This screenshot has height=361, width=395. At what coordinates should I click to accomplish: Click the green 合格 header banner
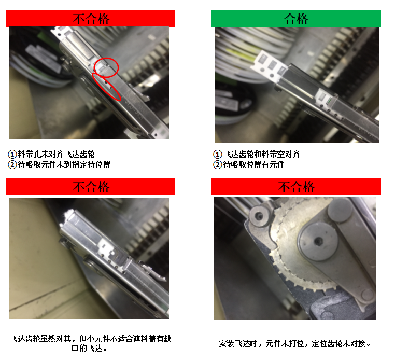point(296,19)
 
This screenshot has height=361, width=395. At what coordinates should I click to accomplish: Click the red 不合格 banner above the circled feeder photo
point(90,19)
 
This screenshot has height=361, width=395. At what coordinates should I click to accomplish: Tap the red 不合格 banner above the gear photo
point(296,187)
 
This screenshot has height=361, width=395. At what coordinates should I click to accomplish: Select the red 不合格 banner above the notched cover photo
point(90,187)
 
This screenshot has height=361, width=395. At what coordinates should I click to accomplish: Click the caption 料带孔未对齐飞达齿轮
point(57,154)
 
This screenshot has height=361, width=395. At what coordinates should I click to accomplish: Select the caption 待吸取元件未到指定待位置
point(64,164)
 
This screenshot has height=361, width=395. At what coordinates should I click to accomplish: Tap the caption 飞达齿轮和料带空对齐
point(262,154)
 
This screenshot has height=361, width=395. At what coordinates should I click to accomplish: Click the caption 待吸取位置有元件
point(254,164)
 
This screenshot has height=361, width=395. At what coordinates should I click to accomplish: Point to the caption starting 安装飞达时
point(294,343)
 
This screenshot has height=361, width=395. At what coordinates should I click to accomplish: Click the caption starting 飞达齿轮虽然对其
point(91,343)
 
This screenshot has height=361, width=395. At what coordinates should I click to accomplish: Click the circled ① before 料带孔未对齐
point(12,154)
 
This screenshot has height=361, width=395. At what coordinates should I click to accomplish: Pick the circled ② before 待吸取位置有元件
point(218,165)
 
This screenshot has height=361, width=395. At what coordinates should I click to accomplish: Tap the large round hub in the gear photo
point(318,242)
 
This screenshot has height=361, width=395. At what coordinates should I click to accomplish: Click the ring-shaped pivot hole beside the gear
point(259,216)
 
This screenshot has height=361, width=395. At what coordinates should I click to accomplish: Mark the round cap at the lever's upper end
point(340,210)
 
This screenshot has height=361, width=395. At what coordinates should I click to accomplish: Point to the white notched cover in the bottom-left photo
point(108,248)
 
